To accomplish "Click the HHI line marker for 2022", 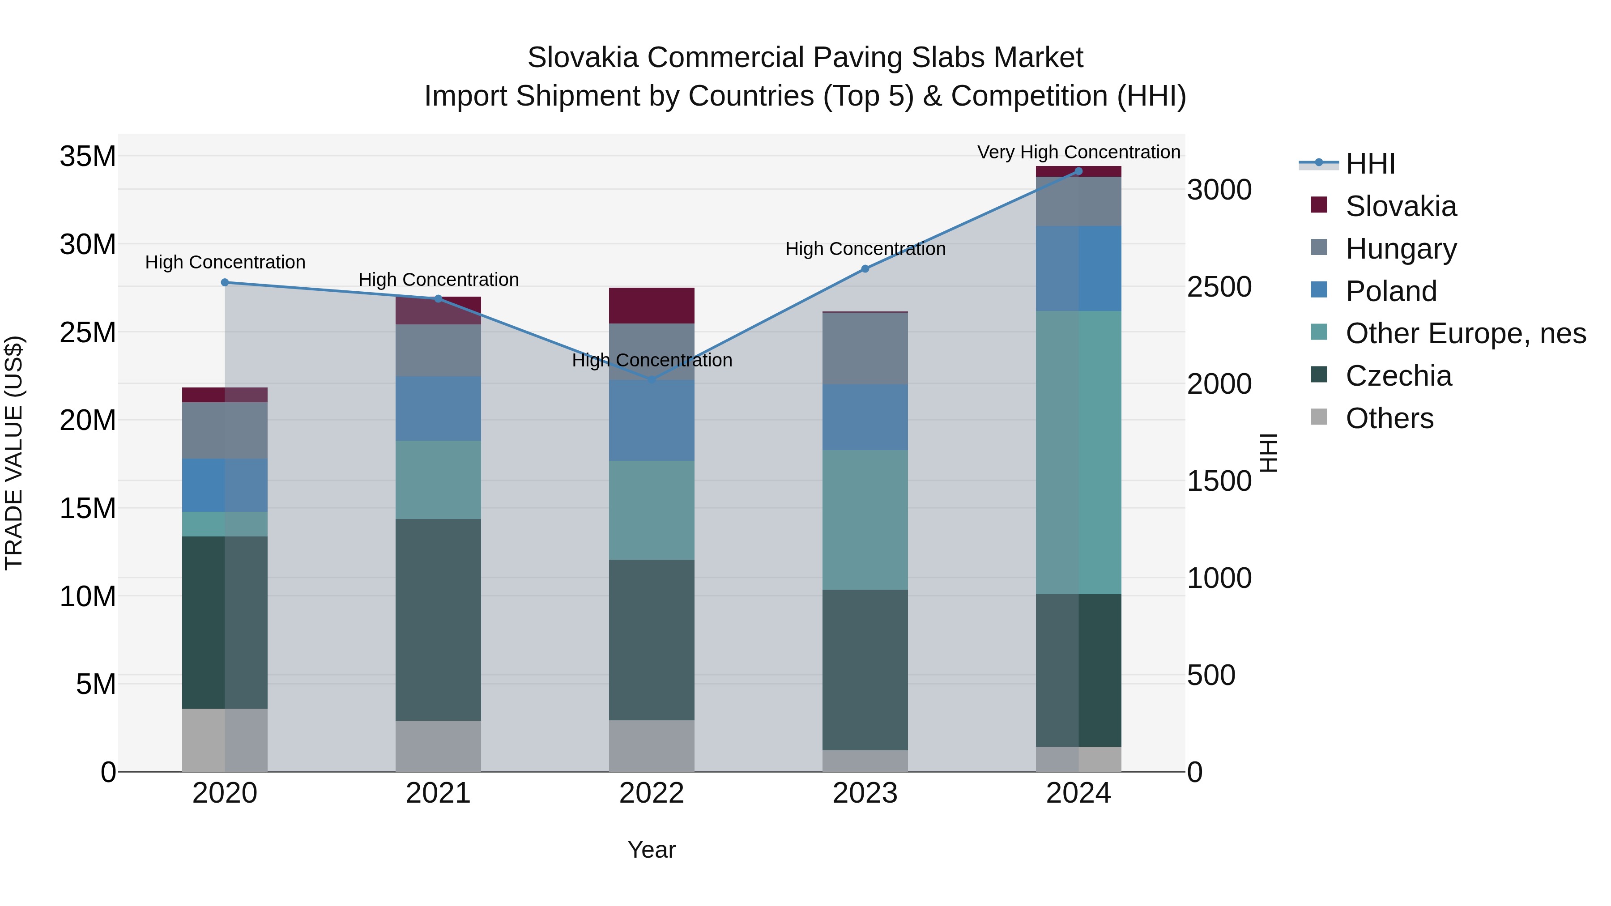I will pyautogui.click(x=652, y=379).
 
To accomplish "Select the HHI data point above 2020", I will pyautogui.click(x=225, y=283).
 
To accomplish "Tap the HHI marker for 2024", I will pyautogui.click(x=1078, y=171).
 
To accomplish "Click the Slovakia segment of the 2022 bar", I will pyautogui.click(x=652, y=306).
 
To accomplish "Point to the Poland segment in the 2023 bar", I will pyautogui.click(x=865, y=417).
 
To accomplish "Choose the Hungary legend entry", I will pyautogui.click(x=1401, y=249).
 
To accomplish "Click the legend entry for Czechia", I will pyautogui.click(x=1398, y=376).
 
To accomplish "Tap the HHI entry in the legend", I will pyautogui.click(x=1370, y=164).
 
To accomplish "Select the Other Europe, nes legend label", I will pyautogui.click(x=1465, y=333).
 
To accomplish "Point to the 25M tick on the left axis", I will pyautogui.click(x=88, y=332).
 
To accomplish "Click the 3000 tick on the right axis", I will pyautogui.click(x=1219, y=190).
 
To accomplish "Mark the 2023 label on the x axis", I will pyautogui.click(x=865, y=793).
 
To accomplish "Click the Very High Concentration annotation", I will pyautogui.click(x=1078, y=152).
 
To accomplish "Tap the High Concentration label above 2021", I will pyautogui.click(x=439, y=280).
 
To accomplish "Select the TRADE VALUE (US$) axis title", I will pyautogui.click(x=14, y=453).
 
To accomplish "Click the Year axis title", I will pyautogui.click(x=651, y=850).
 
